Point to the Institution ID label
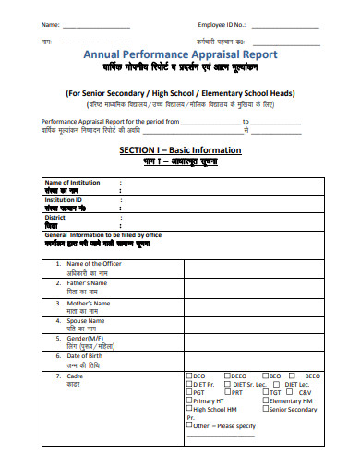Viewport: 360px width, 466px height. [65, 199]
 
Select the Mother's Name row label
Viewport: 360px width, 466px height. [90, 303]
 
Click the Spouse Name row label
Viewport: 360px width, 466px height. [87, 321]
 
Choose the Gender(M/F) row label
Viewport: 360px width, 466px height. [89, 339]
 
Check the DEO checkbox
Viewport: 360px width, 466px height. [189, 376]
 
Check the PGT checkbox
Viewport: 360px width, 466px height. [189, 392]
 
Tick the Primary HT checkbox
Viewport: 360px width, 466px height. [189, 400]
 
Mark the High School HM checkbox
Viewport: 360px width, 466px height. [189, 409]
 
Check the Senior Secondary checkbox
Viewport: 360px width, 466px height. [267, 409]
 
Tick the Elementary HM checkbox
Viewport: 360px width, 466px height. [267, 400]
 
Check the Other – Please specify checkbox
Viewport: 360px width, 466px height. [189, 426]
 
